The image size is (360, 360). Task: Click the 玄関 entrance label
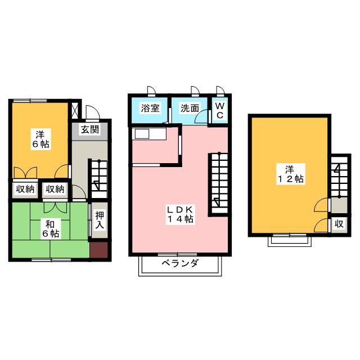90,129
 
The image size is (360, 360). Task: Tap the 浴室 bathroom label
150,108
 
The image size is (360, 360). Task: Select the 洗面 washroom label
190,108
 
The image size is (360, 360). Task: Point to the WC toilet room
220,110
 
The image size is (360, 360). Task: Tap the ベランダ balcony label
179,264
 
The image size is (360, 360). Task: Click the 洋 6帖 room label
40,139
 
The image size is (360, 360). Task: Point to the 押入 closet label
99,219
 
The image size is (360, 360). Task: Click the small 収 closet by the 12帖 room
339,223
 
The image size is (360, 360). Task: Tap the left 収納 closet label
24,190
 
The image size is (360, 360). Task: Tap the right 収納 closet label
55,190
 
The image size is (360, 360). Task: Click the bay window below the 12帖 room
289,240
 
